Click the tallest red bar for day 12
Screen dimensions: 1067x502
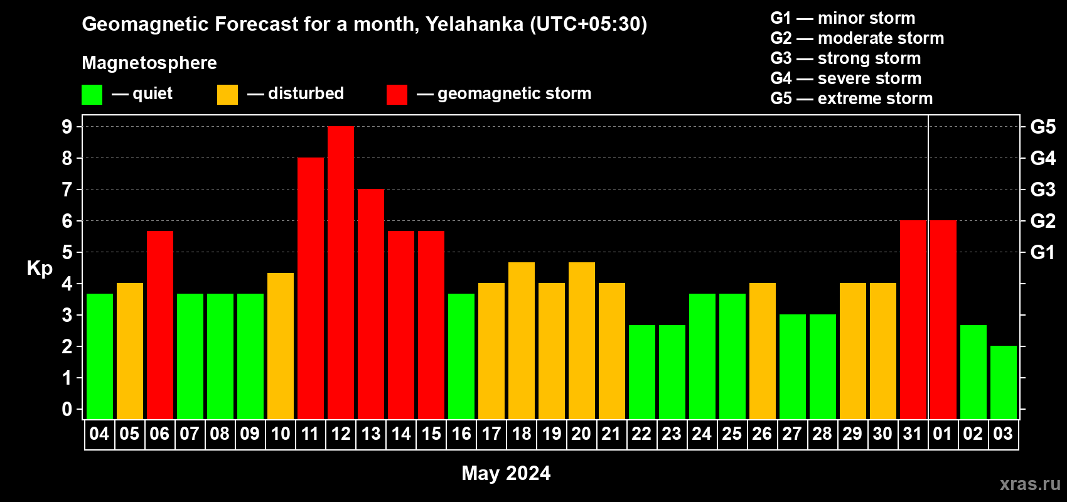341,272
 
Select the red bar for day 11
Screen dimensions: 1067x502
311,288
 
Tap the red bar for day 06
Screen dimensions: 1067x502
160,325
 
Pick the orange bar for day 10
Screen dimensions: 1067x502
281,346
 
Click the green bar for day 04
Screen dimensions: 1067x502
100,356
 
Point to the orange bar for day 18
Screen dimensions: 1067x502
522,341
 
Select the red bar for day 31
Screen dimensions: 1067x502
913,319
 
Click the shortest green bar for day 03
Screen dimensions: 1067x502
1004,382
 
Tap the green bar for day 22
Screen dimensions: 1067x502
642,372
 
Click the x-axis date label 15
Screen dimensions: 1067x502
431,434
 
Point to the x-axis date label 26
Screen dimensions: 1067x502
763,434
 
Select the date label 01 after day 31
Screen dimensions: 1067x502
943,434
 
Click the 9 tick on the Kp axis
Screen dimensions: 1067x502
67,127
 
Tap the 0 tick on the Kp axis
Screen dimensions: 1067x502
67,409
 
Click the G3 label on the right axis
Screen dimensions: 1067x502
1043,190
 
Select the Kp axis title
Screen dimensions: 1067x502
40,269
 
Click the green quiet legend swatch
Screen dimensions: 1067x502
92,94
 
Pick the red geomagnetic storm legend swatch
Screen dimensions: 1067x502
397,94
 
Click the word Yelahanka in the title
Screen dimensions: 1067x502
475,24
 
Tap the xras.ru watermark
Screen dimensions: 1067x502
1031,484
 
